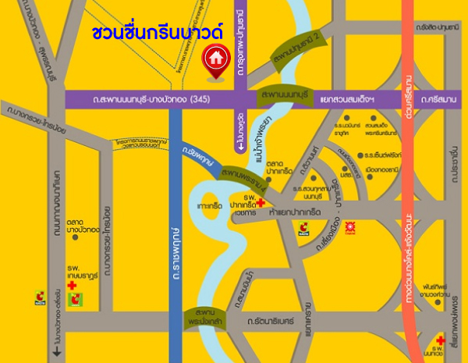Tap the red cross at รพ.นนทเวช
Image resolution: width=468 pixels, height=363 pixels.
click(x=442, y=341)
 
